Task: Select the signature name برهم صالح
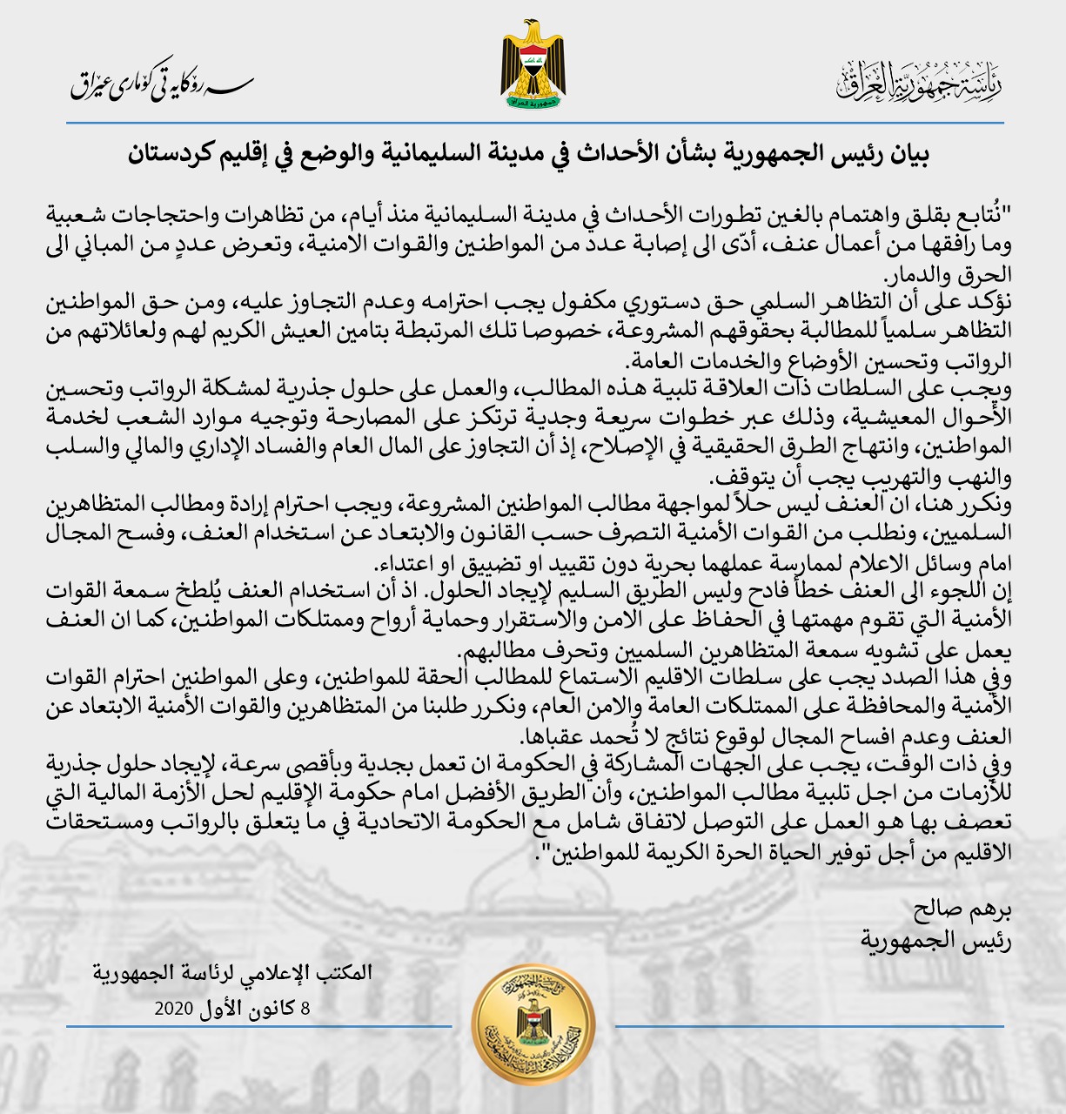click(x=962, y=911)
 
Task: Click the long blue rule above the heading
click(x=533, y=124)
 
